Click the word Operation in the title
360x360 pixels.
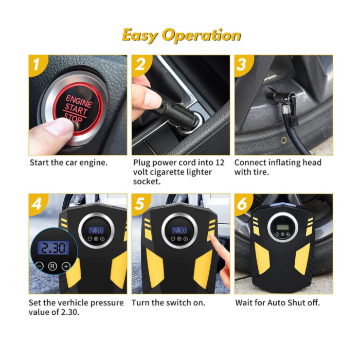[201, 35]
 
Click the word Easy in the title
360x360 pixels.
[140, 35]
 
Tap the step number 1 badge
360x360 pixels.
[35, 65]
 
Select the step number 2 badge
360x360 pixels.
[139, 65]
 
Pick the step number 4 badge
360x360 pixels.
[35, 204]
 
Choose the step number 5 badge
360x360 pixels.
[139, 204]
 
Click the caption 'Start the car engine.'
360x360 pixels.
[68, 163]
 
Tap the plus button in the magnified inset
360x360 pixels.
[66, 266]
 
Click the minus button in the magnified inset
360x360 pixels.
[40, 266]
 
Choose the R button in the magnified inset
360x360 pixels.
[52, 266]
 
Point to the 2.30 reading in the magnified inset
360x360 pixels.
[52, 248]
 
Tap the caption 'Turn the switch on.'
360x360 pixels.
[168, 302]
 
